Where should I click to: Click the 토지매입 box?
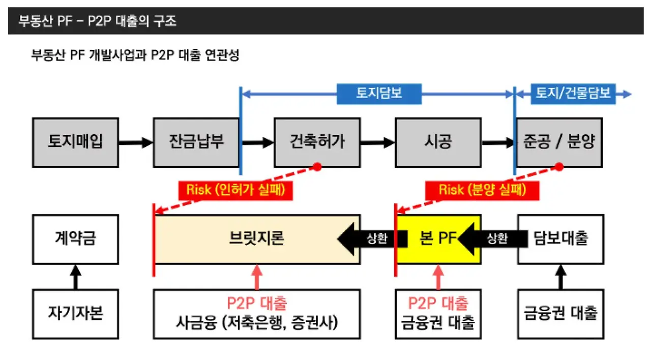click(x=75, y=142)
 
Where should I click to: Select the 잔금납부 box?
click(x=196, y=142)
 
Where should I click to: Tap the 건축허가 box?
click(x=317, y=142)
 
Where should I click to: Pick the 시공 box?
click(x=438, y=142)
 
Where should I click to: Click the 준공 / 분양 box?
click(x=559, y=142)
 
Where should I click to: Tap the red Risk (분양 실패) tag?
click(x=482, y=190)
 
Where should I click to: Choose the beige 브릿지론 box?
click(x=257, y=239)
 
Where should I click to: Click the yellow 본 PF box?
click(x=437, y=239)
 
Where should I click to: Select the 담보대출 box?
click(x=561, y=239)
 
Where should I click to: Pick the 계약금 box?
click(x=75, y=239)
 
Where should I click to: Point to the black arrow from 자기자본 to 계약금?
click(x=75, y=277)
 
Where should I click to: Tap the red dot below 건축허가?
click(x=317, y=167)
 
